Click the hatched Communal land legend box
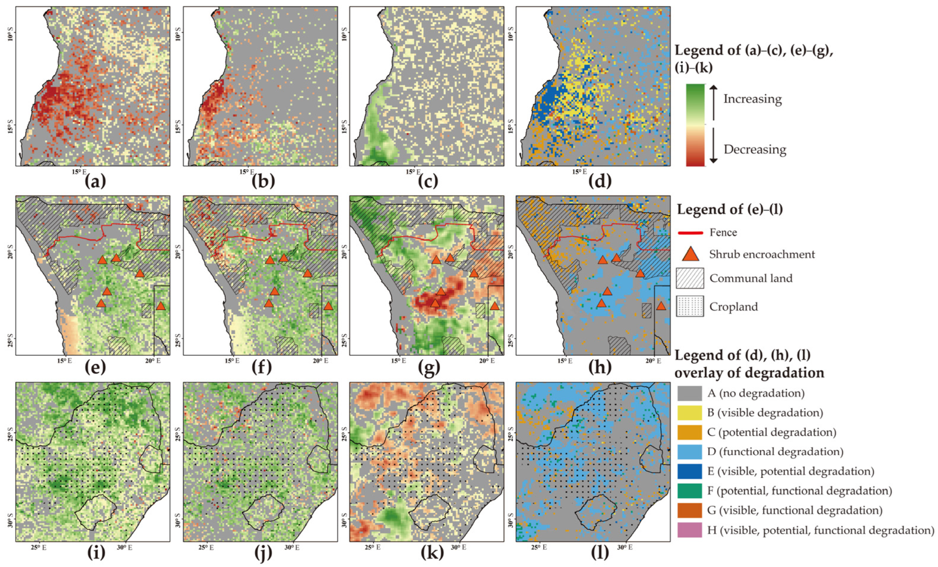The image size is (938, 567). coord(690,278)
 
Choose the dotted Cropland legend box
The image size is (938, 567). coord(690,307)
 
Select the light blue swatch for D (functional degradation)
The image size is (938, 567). coord(689,452)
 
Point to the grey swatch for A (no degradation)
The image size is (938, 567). coord(689,393)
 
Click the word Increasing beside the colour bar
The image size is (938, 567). coord(752,99)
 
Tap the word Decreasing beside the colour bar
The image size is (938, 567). coord(754,150)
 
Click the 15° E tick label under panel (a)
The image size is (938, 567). coord(79,172)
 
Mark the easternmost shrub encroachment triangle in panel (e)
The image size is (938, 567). coord(161,306)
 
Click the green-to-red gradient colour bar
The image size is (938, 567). coord(695,125)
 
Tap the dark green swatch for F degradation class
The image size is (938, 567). coord(689,491)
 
